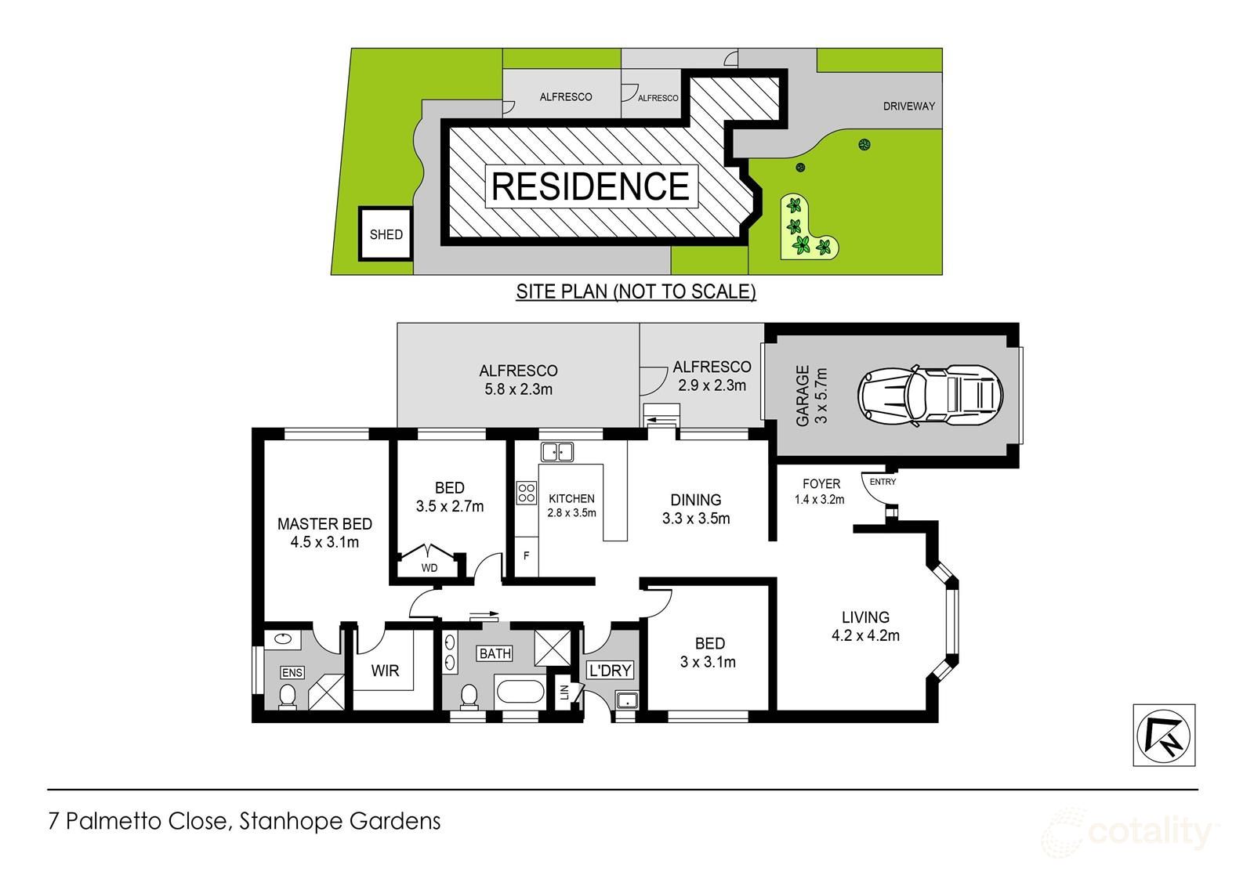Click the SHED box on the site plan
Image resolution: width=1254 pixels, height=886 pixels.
(386, 234)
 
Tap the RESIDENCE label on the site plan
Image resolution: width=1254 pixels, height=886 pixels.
(590, 186)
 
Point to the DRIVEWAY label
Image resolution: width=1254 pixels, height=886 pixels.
(908, 106)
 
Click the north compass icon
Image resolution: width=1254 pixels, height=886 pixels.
(1164, 734)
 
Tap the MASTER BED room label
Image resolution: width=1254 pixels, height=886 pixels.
(324, 533)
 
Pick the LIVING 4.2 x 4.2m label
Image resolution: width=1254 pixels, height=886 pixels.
(865, 626)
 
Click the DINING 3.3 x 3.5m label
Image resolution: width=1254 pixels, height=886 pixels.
(696, 508)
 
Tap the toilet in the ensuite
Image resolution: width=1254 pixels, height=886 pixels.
(288, 696)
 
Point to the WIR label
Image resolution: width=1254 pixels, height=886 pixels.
(385, 671)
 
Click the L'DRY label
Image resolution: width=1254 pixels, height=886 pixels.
(610, 671)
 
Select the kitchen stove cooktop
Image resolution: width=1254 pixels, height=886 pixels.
(526, 492)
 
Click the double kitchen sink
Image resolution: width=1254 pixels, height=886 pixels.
(557, 451)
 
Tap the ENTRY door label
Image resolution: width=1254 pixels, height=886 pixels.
(883, 482)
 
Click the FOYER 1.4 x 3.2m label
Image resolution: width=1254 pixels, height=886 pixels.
(821, 491)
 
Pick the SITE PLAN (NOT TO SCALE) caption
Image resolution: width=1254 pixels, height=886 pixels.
(635, 292)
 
